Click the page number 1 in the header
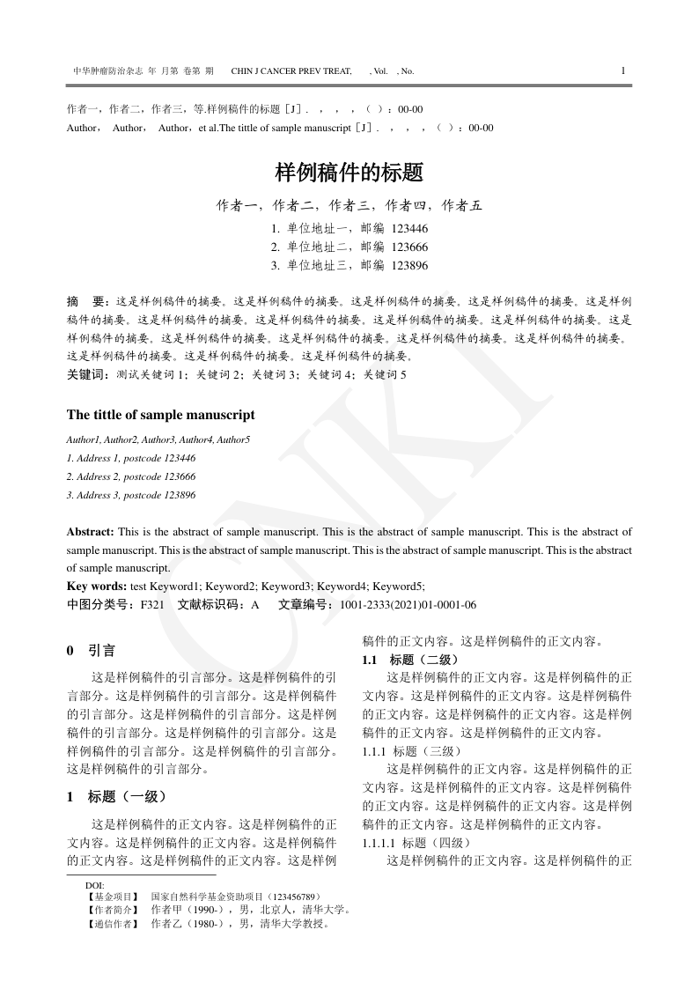(623, 70)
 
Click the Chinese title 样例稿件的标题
(349, 172)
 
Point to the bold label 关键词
(85, 374)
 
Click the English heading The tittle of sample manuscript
(161, 415)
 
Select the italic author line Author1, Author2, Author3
(158, 439)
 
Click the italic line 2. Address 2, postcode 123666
(131, 476)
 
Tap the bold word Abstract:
(91, 532)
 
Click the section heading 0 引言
(91, 652)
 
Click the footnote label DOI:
(95, 884)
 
